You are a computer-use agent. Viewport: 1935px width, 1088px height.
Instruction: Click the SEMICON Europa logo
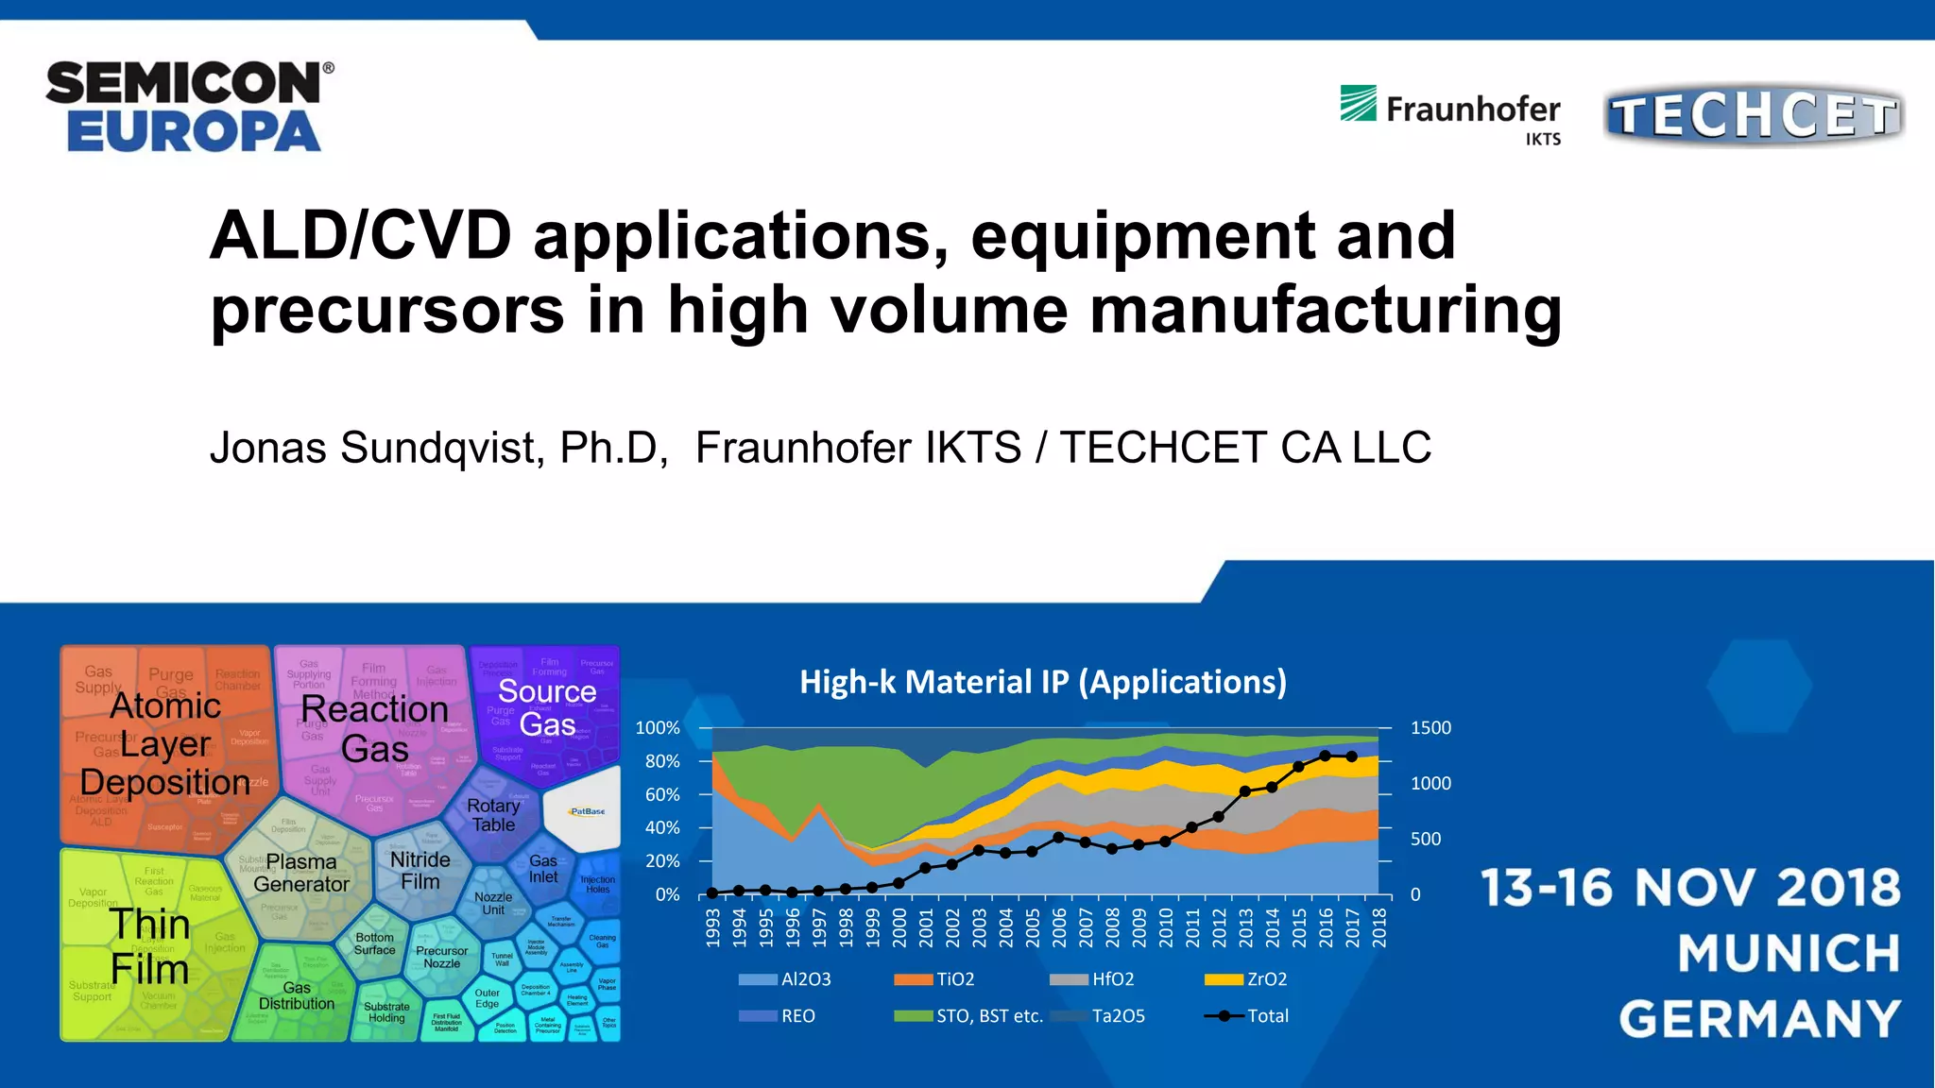click(189, 106)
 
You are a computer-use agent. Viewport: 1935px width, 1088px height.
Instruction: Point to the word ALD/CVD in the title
click(360, 236)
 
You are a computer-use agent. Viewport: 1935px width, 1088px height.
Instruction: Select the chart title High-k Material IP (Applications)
click(1043, 682)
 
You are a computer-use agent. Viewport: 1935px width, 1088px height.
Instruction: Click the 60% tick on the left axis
click(662, 795)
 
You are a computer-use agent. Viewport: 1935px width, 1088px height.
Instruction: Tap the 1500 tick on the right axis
click(1430, 728)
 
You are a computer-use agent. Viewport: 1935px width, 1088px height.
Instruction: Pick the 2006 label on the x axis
click(1059, 927)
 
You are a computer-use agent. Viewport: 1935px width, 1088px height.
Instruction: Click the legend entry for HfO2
click(1112, 979)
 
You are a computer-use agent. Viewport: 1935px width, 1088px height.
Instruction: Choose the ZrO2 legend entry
click(1266, 979)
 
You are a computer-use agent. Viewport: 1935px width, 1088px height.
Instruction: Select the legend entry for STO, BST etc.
click(989, 1016)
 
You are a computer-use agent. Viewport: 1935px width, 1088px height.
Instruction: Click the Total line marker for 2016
click(1325, 756)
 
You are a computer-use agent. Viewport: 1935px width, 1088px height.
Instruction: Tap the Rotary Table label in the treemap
click(493, 815)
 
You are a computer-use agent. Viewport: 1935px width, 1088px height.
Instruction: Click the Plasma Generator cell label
click(301, 873)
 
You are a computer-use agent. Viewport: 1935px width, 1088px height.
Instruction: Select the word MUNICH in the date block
click(1789, 953)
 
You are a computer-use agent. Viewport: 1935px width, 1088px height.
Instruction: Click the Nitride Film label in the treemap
click(420, 870)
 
